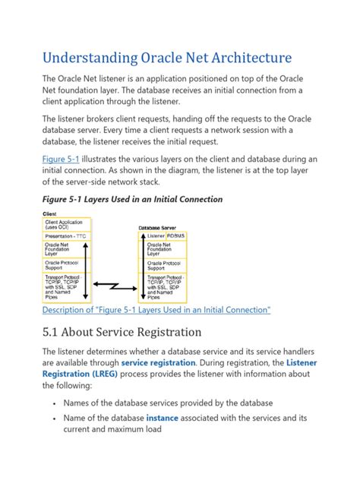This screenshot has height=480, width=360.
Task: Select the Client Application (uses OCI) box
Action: tap(67, 224)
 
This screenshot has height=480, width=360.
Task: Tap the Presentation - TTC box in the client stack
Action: tap(67, 236)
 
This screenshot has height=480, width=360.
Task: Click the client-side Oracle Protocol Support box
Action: tap(67, 265)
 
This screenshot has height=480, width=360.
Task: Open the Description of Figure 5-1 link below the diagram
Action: tap(156, 310)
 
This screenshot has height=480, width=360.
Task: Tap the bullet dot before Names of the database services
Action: tap(51, 403)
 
